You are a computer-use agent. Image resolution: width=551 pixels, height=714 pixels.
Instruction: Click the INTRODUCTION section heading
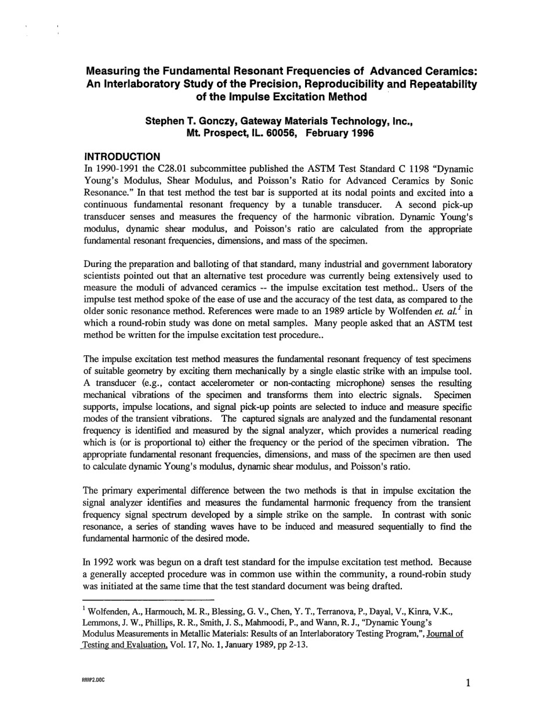coord(122,157)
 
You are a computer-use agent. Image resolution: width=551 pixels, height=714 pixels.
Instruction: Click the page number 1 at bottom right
coord(467,683)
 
